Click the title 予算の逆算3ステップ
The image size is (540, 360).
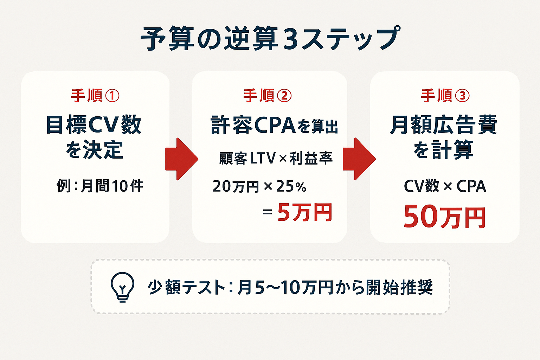click(270, 39)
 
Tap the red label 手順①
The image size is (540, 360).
click(95, 96)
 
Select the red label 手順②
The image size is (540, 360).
click(268, 96)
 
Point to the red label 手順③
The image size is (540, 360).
click(445, 96)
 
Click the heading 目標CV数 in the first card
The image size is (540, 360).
click(94, 125)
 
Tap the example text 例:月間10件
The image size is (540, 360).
click(100, 186)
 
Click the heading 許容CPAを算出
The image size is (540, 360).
click(274, 126)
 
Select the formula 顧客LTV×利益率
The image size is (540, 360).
click(276, 159)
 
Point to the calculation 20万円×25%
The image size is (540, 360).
click(259, 186)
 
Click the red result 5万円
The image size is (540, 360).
click(304, 213)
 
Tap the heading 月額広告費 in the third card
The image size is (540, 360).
click(444, 125)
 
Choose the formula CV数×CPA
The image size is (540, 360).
click(445, 186)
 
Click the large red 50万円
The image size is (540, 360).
click(444, 217)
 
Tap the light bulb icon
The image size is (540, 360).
click(122, 287)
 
